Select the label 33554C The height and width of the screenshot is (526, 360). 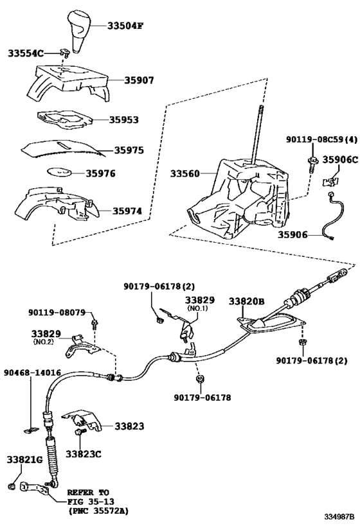pos(26,53)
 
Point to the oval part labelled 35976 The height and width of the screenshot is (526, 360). pos(59,171)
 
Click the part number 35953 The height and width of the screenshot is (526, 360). pos(123,119)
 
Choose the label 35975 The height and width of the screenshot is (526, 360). pos(129,150)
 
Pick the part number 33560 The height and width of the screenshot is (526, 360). pos(184,173)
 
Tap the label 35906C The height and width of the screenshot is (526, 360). pos(340,160)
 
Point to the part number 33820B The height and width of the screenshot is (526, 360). pos(246,301)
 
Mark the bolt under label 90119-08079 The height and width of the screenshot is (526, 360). pos(95,324)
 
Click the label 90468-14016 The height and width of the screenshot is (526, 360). pos(33,373)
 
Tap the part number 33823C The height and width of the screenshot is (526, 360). pos(84,454)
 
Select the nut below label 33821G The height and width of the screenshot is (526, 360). pos(11,486)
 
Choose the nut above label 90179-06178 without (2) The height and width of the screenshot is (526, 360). pos(199,379)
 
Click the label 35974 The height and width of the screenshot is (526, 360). pos(127,211)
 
